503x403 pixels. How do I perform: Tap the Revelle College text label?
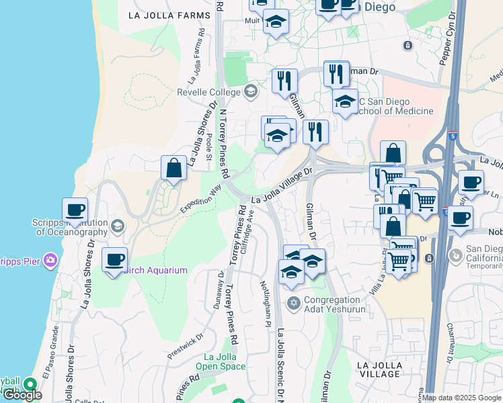[208, 92]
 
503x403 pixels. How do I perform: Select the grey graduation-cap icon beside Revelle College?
[251, 91]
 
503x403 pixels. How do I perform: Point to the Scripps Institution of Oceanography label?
[69, 227]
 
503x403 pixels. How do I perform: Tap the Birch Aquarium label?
[156, 270]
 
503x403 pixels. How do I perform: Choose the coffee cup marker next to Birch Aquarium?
[115, 260]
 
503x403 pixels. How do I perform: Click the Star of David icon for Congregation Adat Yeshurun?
[293, 304]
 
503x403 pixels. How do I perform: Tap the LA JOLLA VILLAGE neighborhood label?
[380, 369]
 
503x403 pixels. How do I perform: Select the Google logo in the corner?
[22, 395]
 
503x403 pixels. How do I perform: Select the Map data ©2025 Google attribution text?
[461, 398]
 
